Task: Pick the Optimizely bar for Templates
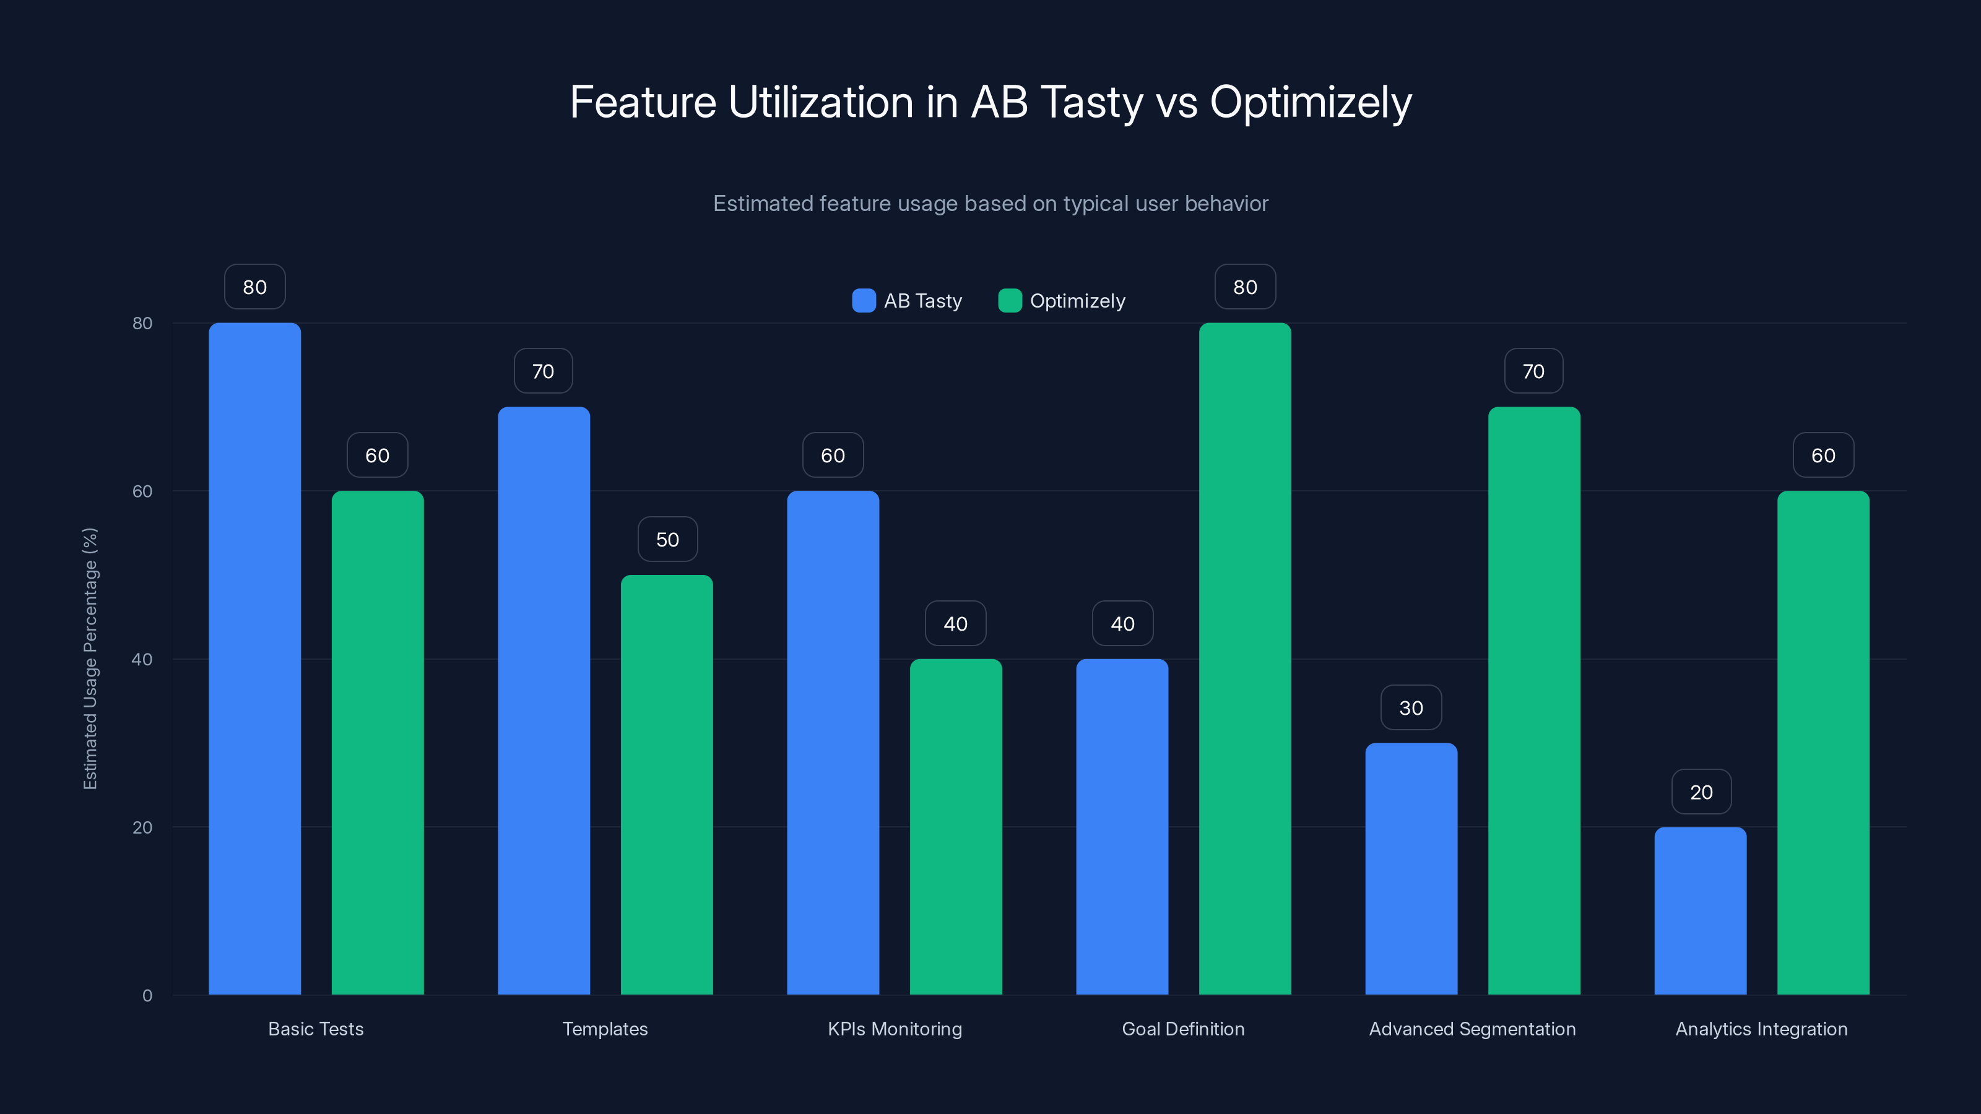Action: click(x=667, y=784)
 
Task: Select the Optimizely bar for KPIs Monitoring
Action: click(x=955, y=826)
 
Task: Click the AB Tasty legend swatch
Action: click(x=864, y=301)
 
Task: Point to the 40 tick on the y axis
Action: click(x=142, y=659)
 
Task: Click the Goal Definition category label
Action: click(x=1183, y=1029)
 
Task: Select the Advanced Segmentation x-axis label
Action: click(x=1472, y=1029)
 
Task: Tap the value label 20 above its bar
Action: click(x=1701, y=792)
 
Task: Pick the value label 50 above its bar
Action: click(x=667, y=540)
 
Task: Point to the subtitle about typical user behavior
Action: click(x=990, y=203)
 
